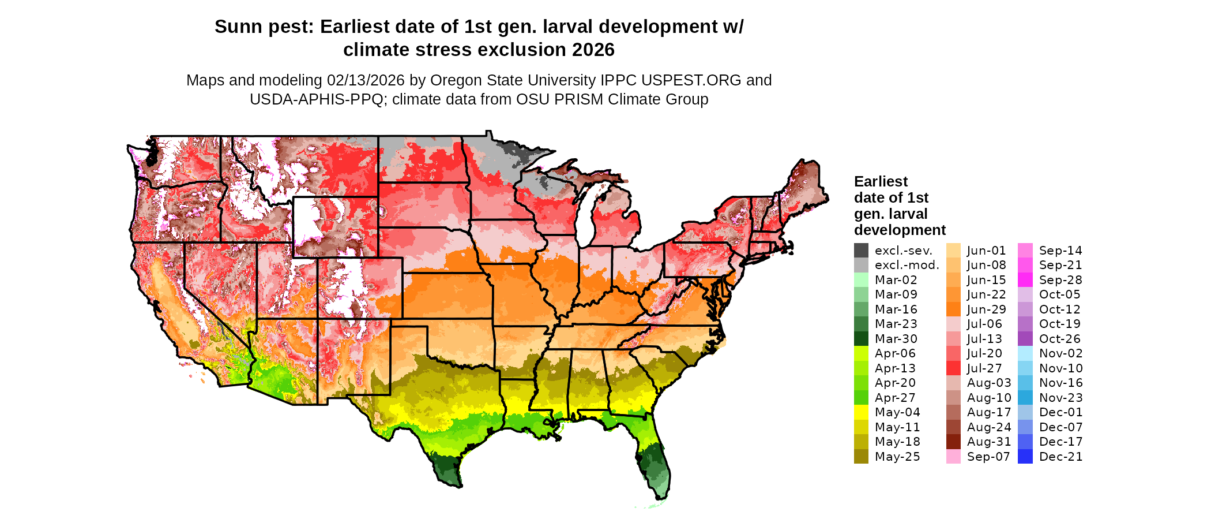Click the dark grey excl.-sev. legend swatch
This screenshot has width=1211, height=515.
pyautogui.click(x=861, y=251)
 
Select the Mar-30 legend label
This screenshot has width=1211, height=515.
pyautogui.click(x=896, y=339)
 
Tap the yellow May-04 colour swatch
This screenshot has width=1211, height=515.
pyautogui.click(x=861, y=412)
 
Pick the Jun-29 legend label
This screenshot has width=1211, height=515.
pyautogui.click(x=986, y=309)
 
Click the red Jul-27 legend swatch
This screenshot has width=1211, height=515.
pyautogui.click(x=953, y=368)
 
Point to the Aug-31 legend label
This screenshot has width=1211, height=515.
pyautogui.click(x=989, y=442)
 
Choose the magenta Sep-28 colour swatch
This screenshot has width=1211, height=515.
pyautogui.click(x=1025, y=280)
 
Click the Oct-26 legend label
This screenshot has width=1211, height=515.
pyautogui.click(x=1060, y=339)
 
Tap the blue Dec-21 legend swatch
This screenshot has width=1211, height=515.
pyautogui.click(x=1025, y=457)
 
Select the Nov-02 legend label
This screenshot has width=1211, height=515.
pyautogui.click(x=1060, y=353)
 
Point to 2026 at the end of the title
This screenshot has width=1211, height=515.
pyautogui.click(x=593, y=50)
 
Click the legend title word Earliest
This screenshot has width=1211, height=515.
pyautogui.click(x=881, y=182)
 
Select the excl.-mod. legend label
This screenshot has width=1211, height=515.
pyautogui.click(x=907, y=265)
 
